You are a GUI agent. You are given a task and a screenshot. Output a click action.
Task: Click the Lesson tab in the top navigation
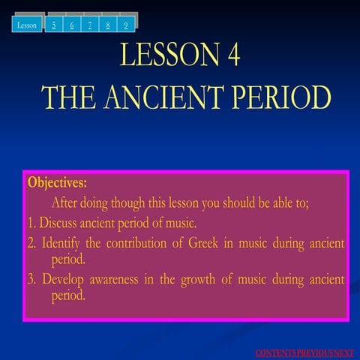point(27,24)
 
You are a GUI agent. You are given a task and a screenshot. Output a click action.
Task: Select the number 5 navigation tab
point(54,24)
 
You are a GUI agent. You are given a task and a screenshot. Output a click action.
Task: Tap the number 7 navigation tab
point(90,24)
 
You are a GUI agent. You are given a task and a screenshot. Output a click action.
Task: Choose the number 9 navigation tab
point(126,24)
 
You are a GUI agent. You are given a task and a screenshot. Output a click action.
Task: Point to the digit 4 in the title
point(234,54)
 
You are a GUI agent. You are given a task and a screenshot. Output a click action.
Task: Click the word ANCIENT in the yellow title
point(164,97)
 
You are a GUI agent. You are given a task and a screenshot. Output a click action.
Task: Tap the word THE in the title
point(68,97)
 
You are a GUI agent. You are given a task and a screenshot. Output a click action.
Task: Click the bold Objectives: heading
point(57,182)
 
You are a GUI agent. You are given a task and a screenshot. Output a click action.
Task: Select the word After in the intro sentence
point(64,202)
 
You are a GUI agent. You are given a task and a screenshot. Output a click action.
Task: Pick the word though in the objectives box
point(127,202)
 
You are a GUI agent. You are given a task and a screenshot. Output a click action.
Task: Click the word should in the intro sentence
point(238,202)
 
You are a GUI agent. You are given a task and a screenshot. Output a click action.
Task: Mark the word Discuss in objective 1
point(58,222)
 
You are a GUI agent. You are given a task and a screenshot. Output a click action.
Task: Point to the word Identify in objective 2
point(61,244)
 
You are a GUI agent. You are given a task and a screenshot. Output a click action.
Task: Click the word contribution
point(136,243)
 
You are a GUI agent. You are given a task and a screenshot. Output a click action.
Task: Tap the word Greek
point(203,242)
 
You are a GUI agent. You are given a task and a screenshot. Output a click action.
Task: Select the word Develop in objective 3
point(63,280)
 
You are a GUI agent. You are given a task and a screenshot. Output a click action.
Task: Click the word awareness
point(114,280)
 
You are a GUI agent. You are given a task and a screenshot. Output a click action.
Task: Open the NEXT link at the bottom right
point(344,353)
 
